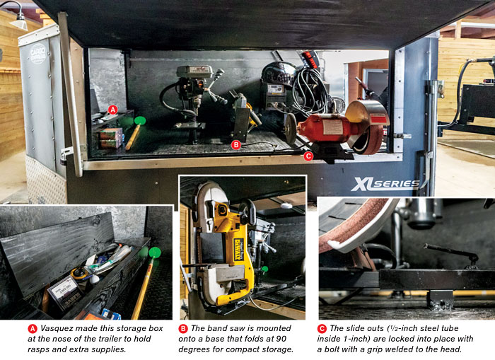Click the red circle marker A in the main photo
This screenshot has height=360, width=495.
112,110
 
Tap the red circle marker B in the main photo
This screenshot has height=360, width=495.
235,145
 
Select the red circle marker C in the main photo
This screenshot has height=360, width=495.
308,156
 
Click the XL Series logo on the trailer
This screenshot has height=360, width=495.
385,185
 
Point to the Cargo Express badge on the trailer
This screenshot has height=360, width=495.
38,53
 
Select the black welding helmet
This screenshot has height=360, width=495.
278,74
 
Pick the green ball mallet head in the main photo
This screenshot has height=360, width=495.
140,121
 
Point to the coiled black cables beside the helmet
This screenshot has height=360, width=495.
310,91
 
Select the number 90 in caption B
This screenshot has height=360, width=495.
281,339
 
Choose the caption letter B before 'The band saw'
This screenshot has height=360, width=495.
182,329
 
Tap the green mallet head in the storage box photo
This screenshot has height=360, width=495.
155,252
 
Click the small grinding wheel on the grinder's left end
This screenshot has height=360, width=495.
291,129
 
